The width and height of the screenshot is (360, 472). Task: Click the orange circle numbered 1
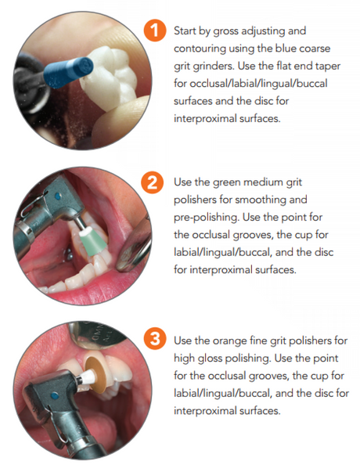pyautogui.click(x=155, y=31)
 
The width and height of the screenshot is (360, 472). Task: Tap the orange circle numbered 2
pyautogui.click(x=153, y=182)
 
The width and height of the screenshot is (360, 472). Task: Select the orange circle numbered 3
pyautogui.click(x=155, y=339)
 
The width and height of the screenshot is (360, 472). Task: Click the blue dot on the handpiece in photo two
pyautogui.click(x=58, y=197)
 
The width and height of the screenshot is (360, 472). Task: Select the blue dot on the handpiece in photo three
pyautogui.click(x=55, y=395)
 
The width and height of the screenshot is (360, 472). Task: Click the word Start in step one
pyautogui.click(x=184, y=31)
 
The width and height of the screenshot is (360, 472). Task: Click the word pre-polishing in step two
pyautogui.click(x=207, y=218)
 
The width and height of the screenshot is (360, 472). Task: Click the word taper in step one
pyautogui.click(x=328, y=67)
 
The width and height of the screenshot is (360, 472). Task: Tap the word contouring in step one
pyautogui.click(x=200, y=49)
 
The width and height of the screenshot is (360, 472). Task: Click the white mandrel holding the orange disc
pyautogui.click(x=81, y=380)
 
